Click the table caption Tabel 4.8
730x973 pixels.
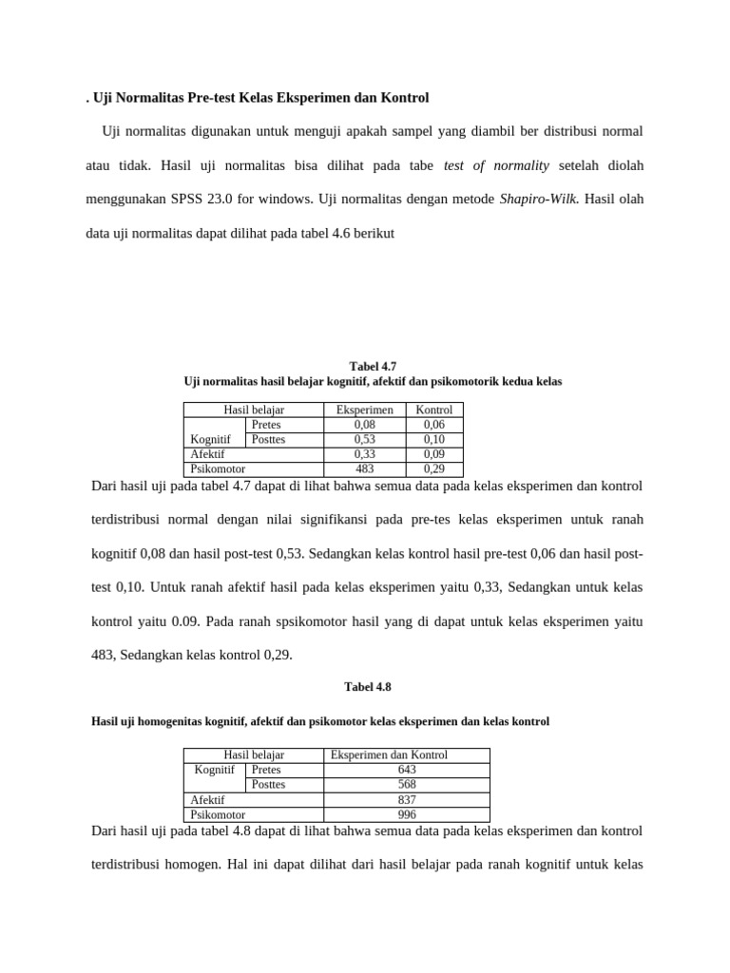365,686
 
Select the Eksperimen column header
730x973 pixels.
364,410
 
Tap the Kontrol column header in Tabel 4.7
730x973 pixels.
434,410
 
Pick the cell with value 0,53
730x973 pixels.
364,440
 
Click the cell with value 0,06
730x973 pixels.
434,426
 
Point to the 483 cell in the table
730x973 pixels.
364,469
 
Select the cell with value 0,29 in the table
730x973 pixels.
434,469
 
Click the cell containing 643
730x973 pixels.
407,770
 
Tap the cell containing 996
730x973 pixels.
407,814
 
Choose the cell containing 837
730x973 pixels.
407,800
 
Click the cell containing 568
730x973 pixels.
407,785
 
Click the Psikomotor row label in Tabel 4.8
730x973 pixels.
218,814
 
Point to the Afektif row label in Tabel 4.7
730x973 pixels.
208,455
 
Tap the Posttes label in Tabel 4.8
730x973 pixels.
268,785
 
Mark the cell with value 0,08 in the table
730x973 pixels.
364,426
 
